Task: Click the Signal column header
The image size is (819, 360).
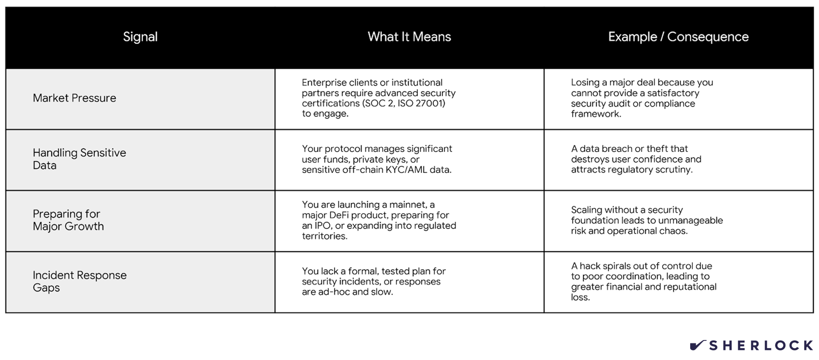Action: (140, 37)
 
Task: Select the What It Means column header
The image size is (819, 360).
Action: (409, 37)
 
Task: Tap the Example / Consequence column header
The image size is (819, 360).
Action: (678, 37)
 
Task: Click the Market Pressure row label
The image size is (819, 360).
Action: (74, 98)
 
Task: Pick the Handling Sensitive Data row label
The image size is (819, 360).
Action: (79, 159)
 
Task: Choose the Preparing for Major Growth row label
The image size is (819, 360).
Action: (68, 220)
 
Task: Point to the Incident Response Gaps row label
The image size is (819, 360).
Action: (80, 281)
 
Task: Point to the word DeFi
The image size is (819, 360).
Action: (339, 215)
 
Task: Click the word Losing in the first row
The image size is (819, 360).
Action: (585, 82)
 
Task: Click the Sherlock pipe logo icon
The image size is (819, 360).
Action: (697, 345)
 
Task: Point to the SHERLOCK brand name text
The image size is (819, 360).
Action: (761, 346)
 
